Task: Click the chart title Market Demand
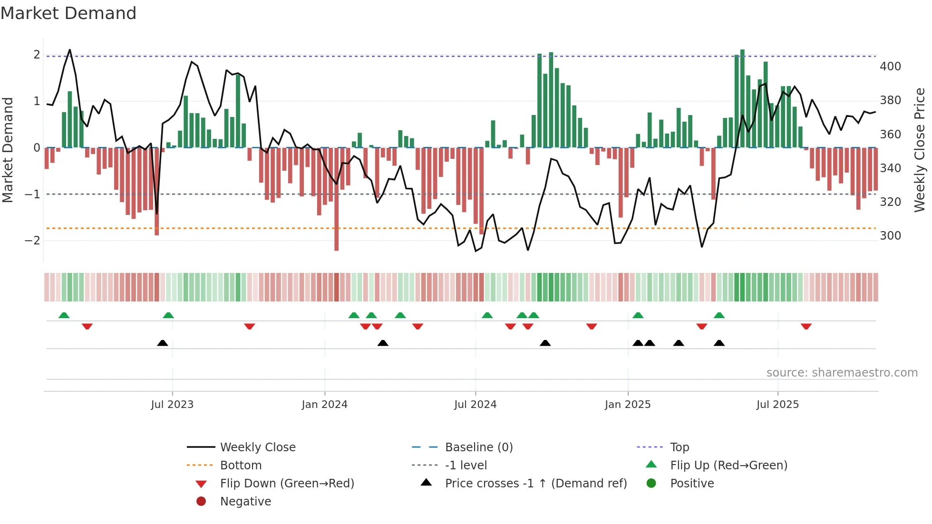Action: (68, 13)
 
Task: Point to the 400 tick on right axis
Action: (890, 67)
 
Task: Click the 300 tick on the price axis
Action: (890, 236)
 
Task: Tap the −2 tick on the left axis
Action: (32, 241)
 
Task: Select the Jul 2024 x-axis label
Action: (475, 405)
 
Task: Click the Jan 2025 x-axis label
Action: (628, 405)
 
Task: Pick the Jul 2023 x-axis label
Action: (172, 405)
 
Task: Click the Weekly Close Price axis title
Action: (920, 150)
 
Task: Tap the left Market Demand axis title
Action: (8, 150)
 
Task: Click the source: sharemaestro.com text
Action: (842, 373)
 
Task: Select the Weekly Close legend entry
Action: (257, 447)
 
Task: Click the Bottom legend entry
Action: (241, 466)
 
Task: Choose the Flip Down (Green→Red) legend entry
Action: (287, 484)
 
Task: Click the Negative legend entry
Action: (245, 502)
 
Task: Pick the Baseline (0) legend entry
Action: (478, 447)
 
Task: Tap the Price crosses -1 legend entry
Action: (535, 484)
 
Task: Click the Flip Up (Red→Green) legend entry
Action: (728, 466)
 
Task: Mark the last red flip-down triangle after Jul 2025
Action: (806, 326)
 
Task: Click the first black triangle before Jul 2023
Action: (163, 343)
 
